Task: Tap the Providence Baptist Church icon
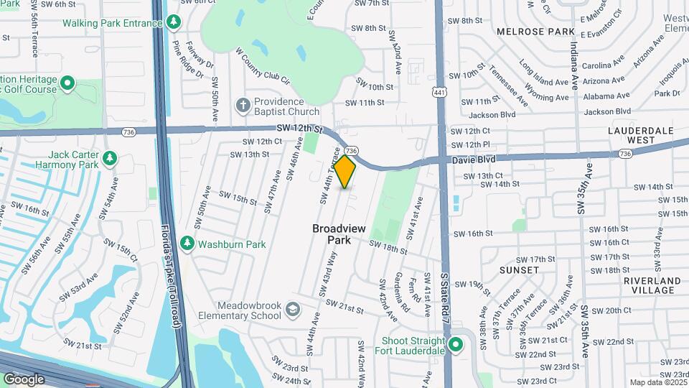click(x=243, y=106)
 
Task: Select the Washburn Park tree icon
click(x=187, y=244)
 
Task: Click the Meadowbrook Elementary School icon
click(x=292, y=310)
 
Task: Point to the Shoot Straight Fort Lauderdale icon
click(x=455, y=346)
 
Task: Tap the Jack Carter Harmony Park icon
click(x=109, y=158)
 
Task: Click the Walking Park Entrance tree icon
click(x=173, y=23)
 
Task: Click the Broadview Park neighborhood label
click(x=339, y=234)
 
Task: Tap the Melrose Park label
click(x=535, y=32)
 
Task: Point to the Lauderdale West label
click(x=640, y=135)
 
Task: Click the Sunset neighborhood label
click(x=519, y=270)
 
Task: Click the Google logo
click(x=24, y=379)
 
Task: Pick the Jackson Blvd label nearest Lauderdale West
click(x=606, y=111)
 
